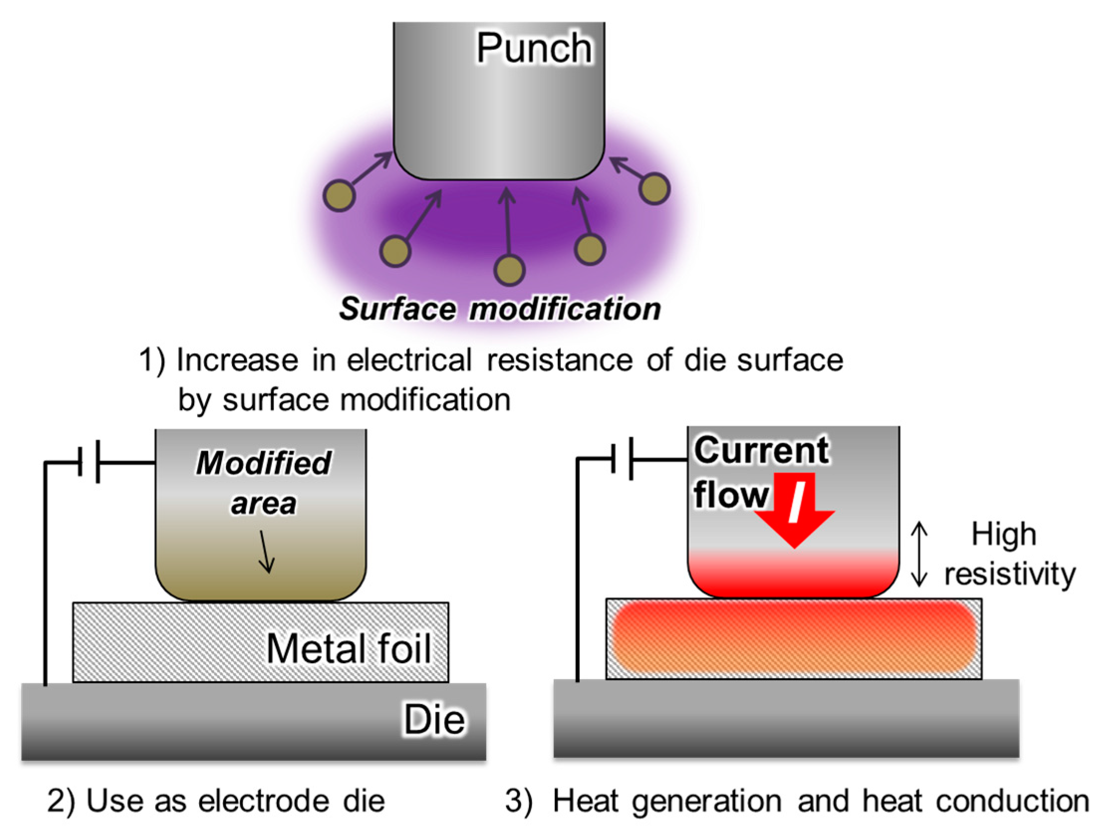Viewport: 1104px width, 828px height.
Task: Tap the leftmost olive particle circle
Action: click(x=339, y=196)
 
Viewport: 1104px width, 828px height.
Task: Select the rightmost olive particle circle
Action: click(x=654, y=188)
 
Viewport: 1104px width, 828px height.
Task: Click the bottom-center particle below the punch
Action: click(x=509, y=270)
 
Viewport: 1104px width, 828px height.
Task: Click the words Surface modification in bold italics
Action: click(x=499, y=309)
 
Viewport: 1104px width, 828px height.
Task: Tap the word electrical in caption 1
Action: click(x=409, y=360)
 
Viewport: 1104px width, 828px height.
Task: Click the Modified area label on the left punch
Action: click(x=263, y=482)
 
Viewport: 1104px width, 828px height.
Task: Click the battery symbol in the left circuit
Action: click(x=89, y=462)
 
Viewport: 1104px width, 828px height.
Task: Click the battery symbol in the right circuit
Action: click(x=622, y=459)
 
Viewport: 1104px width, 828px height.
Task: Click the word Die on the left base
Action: click(x=434, y=719)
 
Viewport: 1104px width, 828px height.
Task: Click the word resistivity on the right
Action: click(x=1010, y=574)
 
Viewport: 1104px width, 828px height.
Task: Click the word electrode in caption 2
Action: click(x=263, y=801)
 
